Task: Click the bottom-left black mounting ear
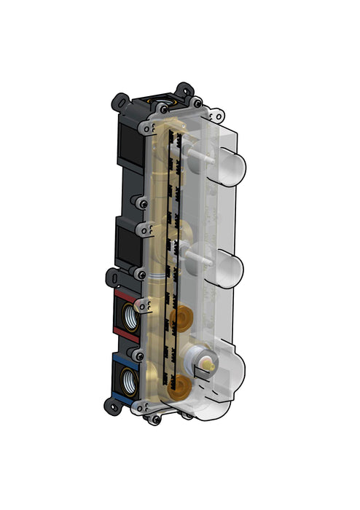pos(114,407)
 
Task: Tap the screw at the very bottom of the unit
pos(155,420)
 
